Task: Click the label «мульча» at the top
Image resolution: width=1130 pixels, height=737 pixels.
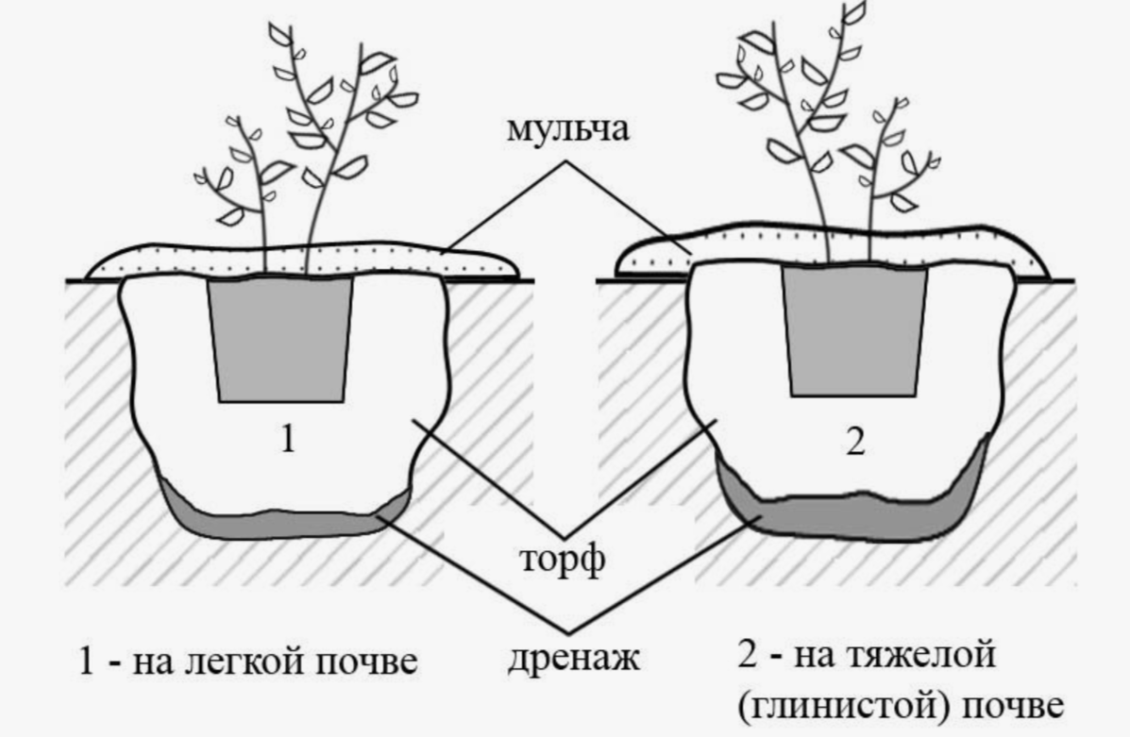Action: tap(568, 130)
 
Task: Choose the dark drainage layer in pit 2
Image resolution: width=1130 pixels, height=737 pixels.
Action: tap(850, 517)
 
